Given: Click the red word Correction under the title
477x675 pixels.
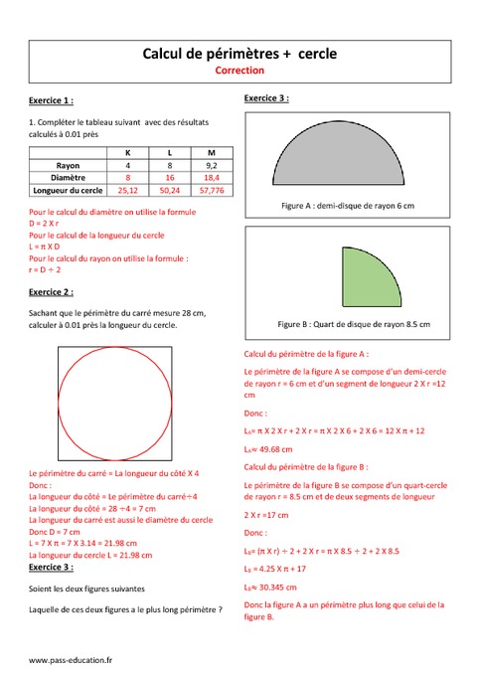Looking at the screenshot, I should (x=238, y=72).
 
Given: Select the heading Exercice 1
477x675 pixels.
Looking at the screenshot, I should (x=51, y=101).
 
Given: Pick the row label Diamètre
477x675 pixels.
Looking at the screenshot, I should (x=68, y=176).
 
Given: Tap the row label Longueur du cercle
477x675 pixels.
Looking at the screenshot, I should (x=68, y=189).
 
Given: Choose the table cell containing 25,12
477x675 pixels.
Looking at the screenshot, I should (x=127, y=189).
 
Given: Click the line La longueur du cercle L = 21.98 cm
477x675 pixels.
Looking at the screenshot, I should (x=90, y=555).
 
